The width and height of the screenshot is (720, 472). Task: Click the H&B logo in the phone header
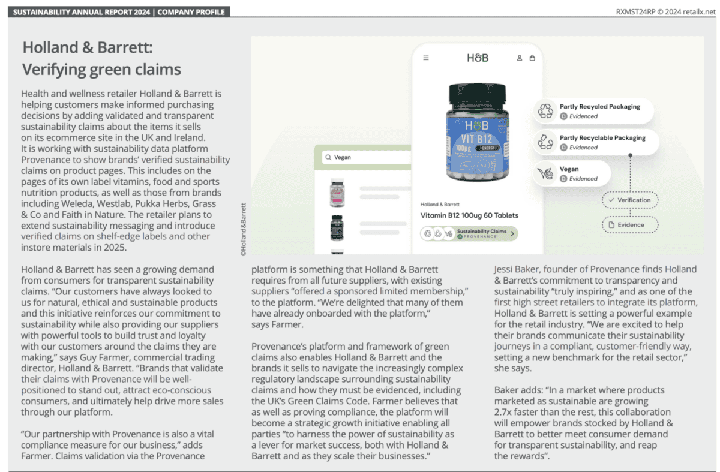[478, 58]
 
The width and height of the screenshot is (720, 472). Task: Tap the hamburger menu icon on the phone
[426, 58]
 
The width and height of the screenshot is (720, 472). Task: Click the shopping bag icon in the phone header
[532, 58]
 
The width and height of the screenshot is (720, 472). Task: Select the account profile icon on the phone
[520, 58]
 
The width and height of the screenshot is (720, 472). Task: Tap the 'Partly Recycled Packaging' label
[599, 107]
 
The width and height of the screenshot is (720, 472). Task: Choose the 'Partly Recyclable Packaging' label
[602, 138]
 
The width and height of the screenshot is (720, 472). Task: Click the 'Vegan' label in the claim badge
[569, 169]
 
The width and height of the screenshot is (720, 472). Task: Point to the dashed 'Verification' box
[630, 200]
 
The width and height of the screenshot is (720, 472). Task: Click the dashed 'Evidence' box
[630, 225]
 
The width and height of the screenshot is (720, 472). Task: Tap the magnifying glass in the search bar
[328, 158]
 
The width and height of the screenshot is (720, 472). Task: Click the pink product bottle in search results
[337, 193]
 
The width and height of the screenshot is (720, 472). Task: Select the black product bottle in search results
[337, 227]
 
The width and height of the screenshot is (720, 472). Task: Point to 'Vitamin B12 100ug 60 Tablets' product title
[469, 215]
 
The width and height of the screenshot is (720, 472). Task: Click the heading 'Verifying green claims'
[101, 70]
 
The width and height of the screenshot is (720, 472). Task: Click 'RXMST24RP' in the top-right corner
[634, 12]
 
